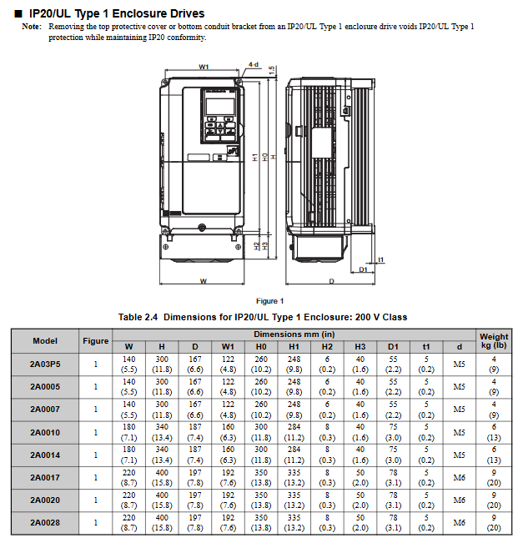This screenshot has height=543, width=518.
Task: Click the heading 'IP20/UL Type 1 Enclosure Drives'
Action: coord(117,13)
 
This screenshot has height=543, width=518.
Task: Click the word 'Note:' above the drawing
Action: coord(32,27)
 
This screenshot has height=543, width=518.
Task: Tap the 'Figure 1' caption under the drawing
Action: coord(269,300)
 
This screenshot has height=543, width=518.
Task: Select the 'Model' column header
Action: coord(45,340)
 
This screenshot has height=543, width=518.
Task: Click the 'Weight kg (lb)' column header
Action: coord(494,340)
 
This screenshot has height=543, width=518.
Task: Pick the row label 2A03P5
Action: coord(45,364)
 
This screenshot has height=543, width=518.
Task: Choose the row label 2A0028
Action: coord(45,523)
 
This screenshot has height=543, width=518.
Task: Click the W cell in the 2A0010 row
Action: coord(129,432)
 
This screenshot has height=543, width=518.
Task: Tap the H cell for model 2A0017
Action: coord(162,478)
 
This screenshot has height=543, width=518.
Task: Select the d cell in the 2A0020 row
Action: coord(459,500)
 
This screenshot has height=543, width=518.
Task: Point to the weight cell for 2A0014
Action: coord(494,455)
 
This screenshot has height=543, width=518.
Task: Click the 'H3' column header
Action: coord(360,346)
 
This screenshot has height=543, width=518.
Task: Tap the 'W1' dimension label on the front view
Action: coord(204,67)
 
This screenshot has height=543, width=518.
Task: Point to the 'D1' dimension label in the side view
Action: coord(364,269)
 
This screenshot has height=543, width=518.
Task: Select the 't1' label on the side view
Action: coord(380,259)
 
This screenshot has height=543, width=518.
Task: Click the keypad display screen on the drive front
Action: coord(218,106)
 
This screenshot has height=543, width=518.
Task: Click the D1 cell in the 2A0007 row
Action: coord(393,410)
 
